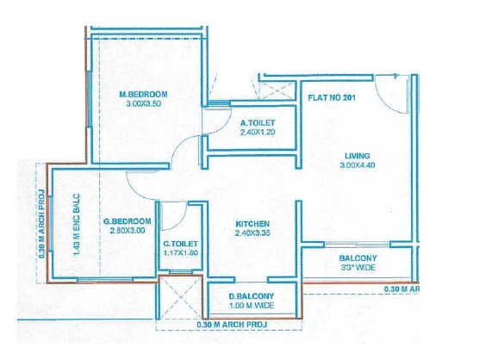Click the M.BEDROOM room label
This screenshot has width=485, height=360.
tap(143, 93)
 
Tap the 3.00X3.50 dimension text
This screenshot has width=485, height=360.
tap(143, 104)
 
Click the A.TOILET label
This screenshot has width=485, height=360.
tap(257, 121)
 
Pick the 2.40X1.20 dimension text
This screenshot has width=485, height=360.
tap(257, 133)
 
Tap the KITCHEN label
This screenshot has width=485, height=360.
tap(253, 223)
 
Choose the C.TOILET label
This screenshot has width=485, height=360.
tap(182, 243)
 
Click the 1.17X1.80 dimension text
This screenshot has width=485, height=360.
tap(182, 254)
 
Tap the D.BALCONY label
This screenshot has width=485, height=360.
tap(251, 296)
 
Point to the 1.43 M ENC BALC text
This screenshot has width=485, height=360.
tap(76, 222)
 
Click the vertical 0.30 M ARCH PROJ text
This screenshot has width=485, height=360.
tap(41, 220)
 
